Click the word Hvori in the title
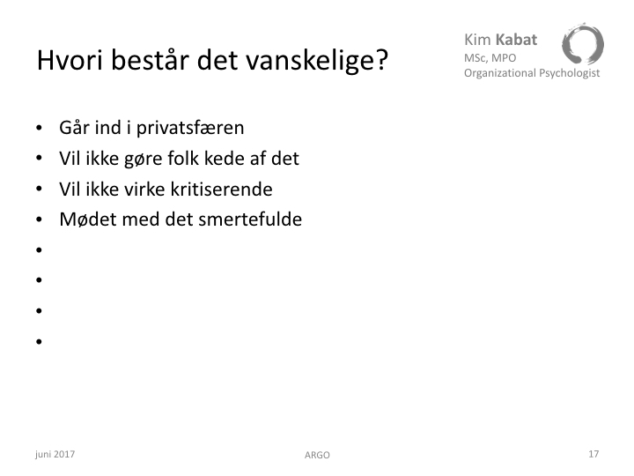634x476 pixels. pyautogui.click(x=70, y=60)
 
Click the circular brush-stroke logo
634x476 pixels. pyautogui.click(x=583, y=44)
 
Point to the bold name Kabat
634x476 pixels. pyautogui.click(x=516, y=40)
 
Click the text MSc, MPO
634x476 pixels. pyautogui.click(x=490, y=58)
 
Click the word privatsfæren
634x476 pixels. pyautogui.click(x=190, y=129)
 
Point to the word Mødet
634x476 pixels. pyautogui.click(x=88, y=219)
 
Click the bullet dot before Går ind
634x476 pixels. pyautogui.click(x=39, y=128)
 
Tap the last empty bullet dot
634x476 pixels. pyautogui.click(x=39, y=342)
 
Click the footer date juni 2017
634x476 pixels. pyautogui.click(x=55, y=454)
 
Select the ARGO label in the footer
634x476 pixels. pyautogui.click(x=317, y=456)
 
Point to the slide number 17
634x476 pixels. pyautogui.click(x=593, y=454)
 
